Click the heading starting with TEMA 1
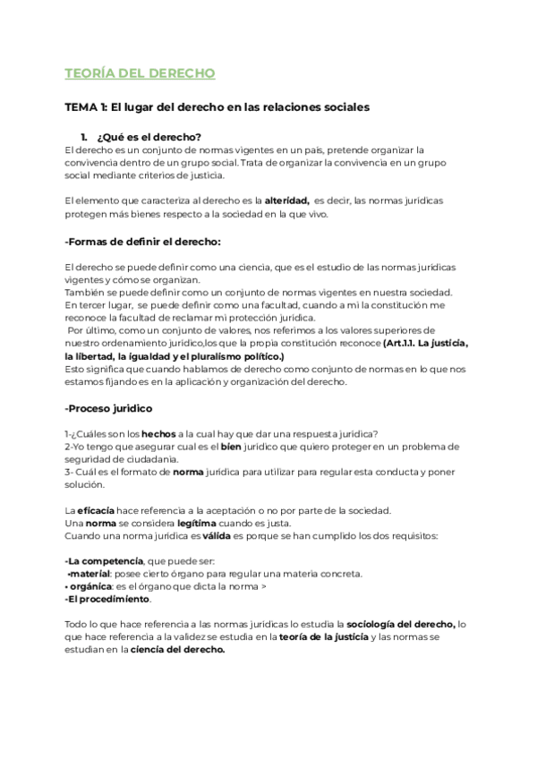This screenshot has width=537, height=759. click(217, 107)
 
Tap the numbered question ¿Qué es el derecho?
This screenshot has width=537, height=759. click(148, 137)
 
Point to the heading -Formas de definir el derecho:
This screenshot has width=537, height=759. click(143, 242)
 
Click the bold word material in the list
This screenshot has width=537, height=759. click(92, 573)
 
